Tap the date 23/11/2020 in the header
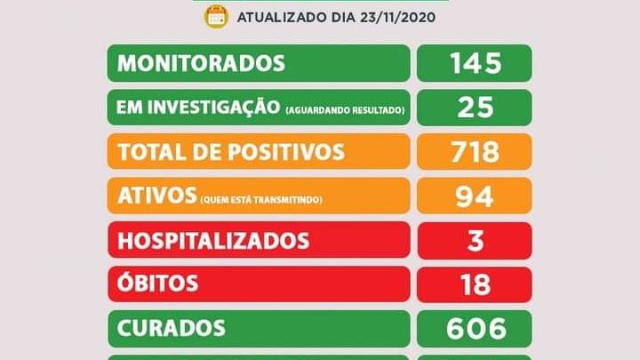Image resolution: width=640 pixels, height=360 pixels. [x=396, y=17]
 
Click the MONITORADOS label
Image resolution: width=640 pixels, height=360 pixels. [x=202, y=63]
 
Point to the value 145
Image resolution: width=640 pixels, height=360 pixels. [x=476, y=63]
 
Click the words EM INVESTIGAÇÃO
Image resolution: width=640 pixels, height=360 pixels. [x=198, y=108]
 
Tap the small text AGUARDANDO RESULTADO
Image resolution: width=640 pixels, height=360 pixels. [x=346, y=109]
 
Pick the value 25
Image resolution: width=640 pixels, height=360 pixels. [x=476, y=108]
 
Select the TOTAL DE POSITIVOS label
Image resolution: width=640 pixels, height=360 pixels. [x=231, y=152]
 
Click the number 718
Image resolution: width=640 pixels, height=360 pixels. [x=476, y=152]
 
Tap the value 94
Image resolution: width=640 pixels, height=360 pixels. [x=476, y=196]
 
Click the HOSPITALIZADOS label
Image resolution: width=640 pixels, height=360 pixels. [x=213, y=241]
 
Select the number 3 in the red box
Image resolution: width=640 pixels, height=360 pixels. [x=476, y=241]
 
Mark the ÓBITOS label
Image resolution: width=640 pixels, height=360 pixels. [x=157, y=284]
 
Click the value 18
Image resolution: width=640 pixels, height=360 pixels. [x=476, y=284]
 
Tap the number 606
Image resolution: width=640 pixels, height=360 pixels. [x=476, y=328]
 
